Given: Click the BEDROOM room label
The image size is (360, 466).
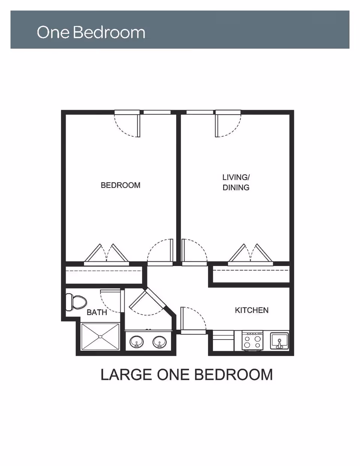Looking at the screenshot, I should [120, 185].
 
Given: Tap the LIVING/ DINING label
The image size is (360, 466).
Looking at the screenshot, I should [236, 182].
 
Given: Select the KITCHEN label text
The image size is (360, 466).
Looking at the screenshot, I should [252, 310].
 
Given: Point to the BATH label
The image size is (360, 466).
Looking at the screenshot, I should [97, 312].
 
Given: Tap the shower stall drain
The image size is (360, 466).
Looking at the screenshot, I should [100, 337].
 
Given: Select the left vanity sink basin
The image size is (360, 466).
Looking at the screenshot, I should [136, 342].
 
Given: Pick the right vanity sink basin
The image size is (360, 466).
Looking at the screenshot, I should [160, 342].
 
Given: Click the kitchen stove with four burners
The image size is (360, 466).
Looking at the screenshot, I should [252, 341].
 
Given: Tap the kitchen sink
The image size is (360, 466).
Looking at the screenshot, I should [279, 341].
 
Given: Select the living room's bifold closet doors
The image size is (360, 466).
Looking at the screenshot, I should [250, 254].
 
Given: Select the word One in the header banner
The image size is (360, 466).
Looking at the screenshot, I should [53, 32].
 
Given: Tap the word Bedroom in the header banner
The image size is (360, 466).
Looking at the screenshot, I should [109, 32].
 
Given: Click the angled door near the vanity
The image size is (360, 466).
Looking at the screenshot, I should [148, 302].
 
